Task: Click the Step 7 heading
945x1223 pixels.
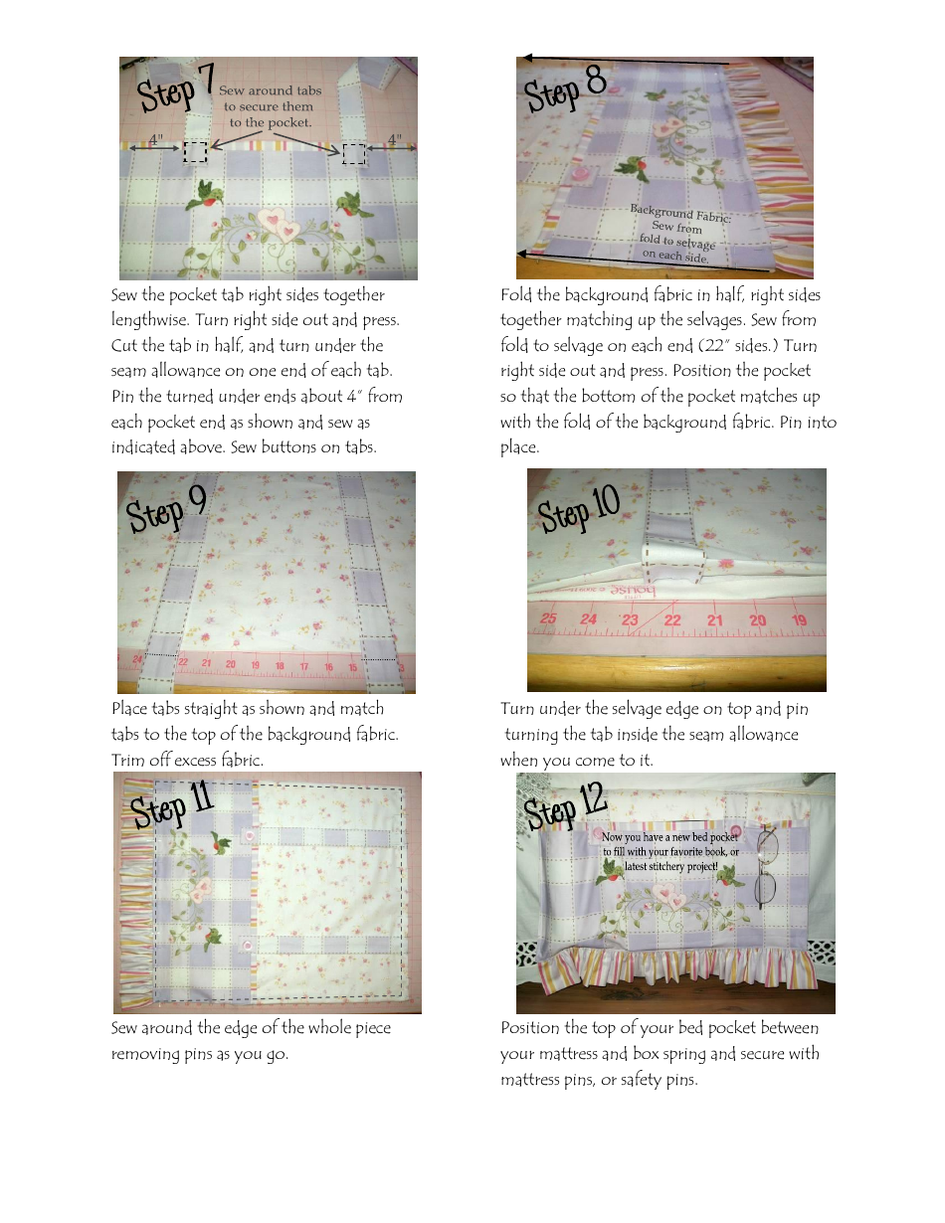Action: pyautogui.click(x=176, y=89)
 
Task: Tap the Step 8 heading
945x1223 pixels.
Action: pyautogui.click(x=565, y=88)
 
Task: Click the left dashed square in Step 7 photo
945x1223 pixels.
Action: pyautogui.click(x=195, y=151)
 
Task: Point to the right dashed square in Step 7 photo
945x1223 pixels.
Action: pyautogui.click(x=353, y=153)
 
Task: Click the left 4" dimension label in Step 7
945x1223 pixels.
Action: pyautogui.click(x=156, y=139)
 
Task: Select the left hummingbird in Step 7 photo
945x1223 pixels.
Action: pyautogui.click(x=208, y=193)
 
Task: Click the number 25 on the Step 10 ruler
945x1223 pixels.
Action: pyautogui.click(x=547, y=619)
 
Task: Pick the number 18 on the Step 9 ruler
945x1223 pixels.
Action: pyautogui.click(x=280, y=665)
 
